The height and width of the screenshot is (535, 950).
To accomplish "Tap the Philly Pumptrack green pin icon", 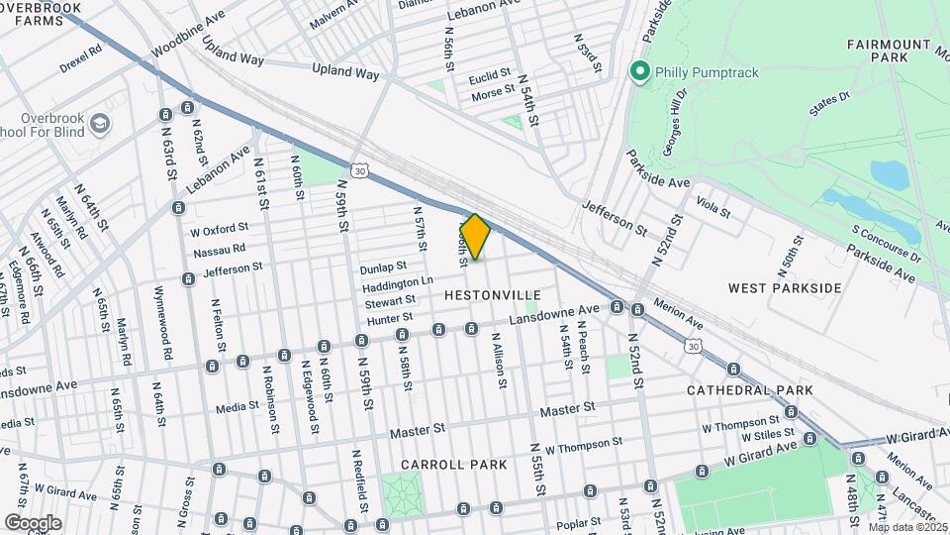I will [639, 71].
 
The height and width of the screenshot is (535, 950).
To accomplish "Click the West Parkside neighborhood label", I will [784, 288].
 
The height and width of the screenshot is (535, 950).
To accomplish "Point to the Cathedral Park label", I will [750, 390].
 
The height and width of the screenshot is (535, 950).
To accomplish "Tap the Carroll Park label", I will [453, 465].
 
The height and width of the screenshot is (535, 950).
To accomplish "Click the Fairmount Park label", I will [888, 52].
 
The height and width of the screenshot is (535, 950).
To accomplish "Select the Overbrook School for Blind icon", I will [99, 124].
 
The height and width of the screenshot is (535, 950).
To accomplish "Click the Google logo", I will [33, 522].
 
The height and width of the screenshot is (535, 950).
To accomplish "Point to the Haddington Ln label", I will [393, 283].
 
